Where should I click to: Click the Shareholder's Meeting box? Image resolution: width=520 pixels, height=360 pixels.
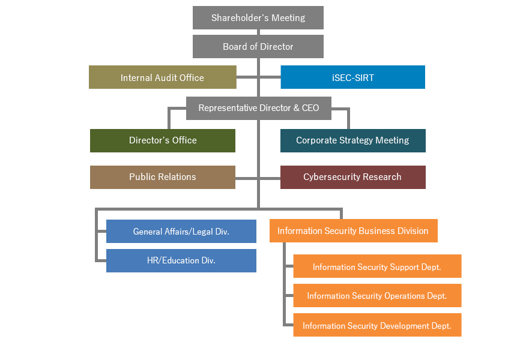(x=258, y=17)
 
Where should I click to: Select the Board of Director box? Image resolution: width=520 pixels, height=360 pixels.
(x=258, y=46)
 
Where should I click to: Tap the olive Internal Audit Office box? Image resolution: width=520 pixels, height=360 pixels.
(x=163, y=77)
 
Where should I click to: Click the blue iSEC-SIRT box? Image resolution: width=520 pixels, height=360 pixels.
(x=353, y=77)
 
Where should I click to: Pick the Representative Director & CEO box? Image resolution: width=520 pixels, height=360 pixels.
(x=259, y=108)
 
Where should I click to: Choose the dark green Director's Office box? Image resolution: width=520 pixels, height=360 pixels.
(x=163, y=140)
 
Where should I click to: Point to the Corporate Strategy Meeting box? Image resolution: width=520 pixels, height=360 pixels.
(x=353, y=140)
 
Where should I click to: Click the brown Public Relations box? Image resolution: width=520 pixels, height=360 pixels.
(x=163, y=178)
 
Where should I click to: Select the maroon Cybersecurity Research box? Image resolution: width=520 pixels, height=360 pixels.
(x=353, y=178)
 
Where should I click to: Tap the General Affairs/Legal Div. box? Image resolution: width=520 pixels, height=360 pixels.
(x=181, y=232)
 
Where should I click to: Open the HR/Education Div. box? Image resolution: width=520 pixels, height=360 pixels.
(x=181, y=260)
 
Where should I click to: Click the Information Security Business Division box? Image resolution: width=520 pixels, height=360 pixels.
(x=354, y=231)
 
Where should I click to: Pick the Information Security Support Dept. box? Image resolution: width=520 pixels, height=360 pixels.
(x=378, y=266)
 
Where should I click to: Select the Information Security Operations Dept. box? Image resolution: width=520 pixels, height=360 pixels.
(x=378, y=295)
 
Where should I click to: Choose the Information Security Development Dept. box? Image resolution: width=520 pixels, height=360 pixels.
(x=378, y=325)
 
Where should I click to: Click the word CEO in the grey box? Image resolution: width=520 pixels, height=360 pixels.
(x=310, y=108)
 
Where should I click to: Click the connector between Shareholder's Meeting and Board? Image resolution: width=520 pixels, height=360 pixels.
(x=258, y=32)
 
